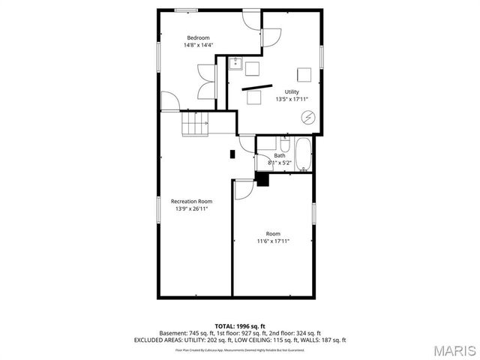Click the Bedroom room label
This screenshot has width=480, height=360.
(x=198, y=37)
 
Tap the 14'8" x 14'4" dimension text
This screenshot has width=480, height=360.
(x=198, y=45)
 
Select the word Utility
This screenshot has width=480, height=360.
(x=292, y=91)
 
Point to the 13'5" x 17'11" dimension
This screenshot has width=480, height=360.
(x=292, y=99)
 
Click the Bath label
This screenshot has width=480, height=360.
(x=279, y=155)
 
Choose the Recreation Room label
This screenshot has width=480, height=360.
(x=191, y=201)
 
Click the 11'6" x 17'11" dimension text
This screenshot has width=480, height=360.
(x=273, y=241)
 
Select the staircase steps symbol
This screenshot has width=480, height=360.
(x=195, y=124)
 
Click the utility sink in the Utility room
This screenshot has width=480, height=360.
(x=235, y=63)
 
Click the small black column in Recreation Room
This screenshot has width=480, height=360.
(x=232, y=154)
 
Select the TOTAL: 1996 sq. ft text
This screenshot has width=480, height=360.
(x=239, y=325)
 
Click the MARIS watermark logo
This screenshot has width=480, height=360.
(x=453, y=349)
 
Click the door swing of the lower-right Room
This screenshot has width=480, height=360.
(x=243, y=189)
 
